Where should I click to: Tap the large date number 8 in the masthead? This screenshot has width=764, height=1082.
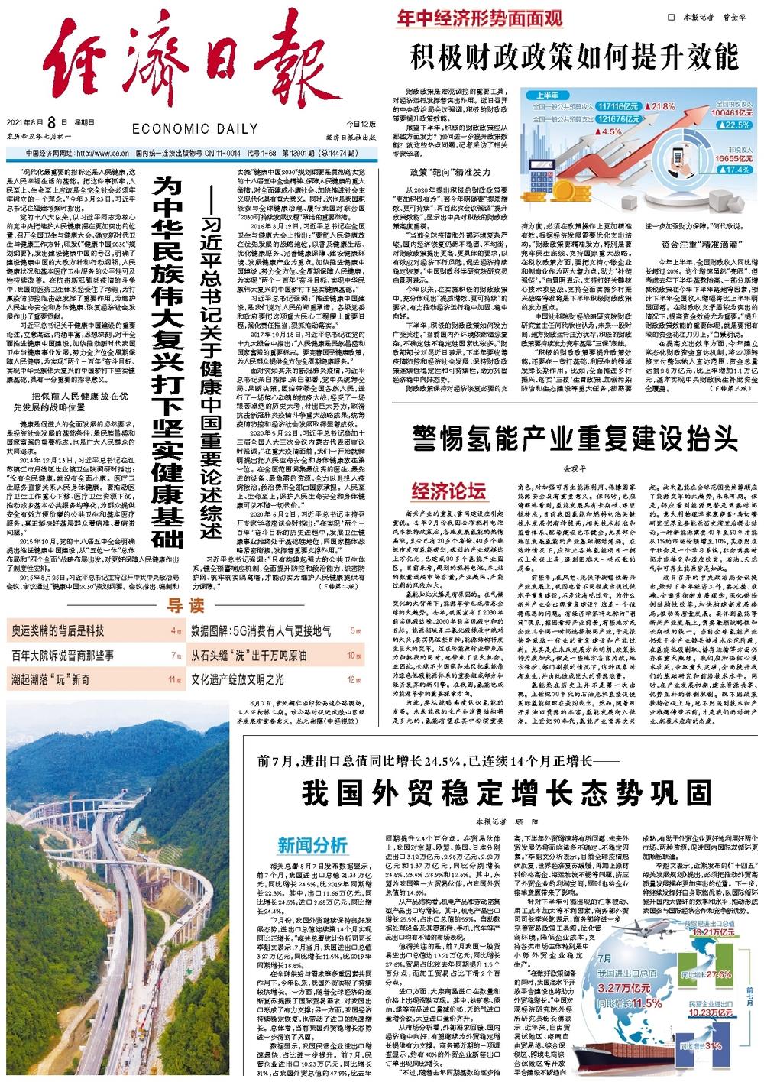52,122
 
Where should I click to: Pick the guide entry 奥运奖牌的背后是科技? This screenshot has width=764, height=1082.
57,609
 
